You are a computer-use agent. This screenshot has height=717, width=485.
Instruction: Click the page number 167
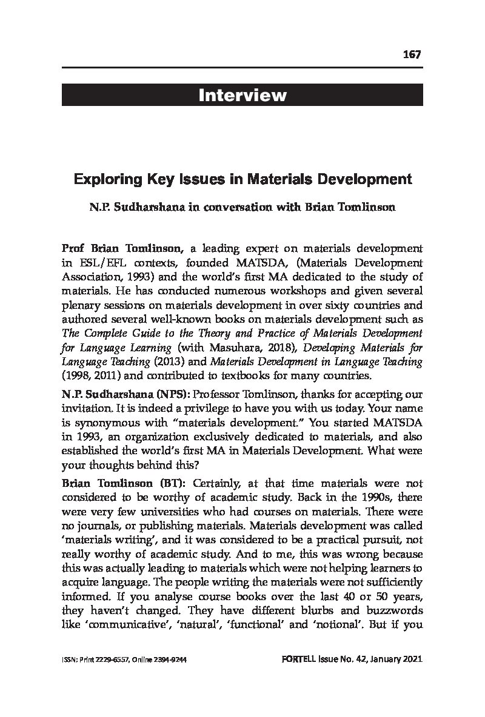pos(411,55)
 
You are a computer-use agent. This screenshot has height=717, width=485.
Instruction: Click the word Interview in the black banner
pos(242,95)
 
